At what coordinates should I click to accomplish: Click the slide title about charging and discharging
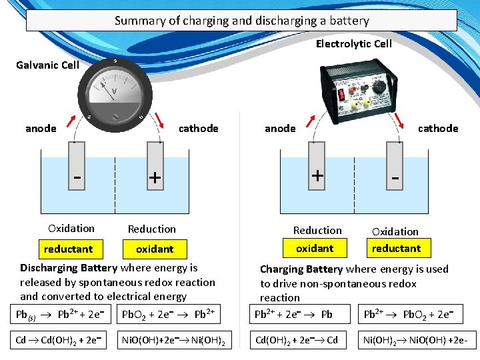click(241, 21)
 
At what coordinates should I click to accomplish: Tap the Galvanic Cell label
click(47, 65)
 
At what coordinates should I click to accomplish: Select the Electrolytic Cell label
click(353, 44)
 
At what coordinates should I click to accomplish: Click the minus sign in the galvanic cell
click(78, 178)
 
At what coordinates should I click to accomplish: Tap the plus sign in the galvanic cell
click(155, 178)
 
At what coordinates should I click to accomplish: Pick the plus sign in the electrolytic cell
click(318, 175)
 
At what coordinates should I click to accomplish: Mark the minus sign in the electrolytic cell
click(395, 178)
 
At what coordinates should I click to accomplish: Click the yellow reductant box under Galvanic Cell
click(68, 249)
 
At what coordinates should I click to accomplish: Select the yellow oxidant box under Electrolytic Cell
click(315, 248)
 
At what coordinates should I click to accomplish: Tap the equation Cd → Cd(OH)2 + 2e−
click(59, 341)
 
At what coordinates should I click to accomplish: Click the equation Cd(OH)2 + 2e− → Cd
click(297, 341)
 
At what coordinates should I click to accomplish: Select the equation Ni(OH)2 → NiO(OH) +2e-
click(415, 341)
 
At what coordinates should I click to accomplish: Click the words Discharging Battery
click(69, 268)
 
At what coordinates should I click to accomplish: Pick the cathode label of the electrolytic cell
click(438, 128)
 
